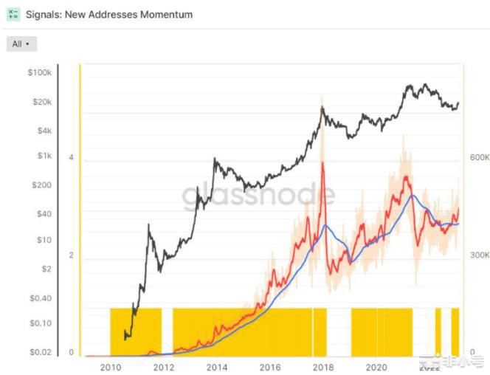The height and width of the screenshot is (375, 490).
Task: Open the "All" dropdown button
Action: pos(21,44)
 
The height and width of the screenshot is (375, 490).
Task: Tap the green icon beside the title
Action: pos(13,15)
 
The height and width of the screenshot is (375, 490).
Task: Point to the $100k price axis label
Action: pos(38,73)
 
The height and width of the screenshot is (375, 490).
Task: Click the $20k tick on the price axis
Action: pos(41,102)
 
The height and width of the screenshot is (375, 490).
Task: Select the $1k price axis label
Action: pos(43,156)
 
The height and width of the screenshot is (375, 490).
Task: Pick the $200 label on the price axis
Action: pos(42,185)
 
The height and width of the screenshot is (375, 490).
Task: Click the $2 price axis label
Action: pos(46,269)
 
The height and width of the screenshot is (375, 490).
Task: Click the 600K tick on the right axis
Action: pos(479,157)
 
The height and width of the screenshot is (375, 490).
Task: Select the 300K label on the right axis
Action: pos(479,255)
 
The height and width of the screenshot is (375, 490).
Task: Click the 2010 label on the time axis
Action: pos(110,367)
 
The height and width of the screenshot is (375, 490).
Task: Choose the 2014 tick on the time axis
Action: pos(216,367)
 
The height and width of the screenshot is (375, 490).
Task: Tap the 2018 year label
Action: pos(322,367)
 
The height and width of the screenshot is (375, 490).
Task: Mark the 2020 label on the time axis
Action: pos(376,367)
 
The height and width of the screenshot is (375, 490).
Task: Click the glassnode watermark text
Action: pos(258,196)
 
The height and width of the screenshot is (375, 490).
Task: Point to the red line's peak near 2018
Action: pos(322,163)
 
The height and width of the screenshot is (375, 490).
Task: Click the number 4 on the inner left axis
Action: pos(71,157)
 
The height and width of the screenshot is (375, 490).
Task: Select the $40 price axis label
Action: pos(43,213)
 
